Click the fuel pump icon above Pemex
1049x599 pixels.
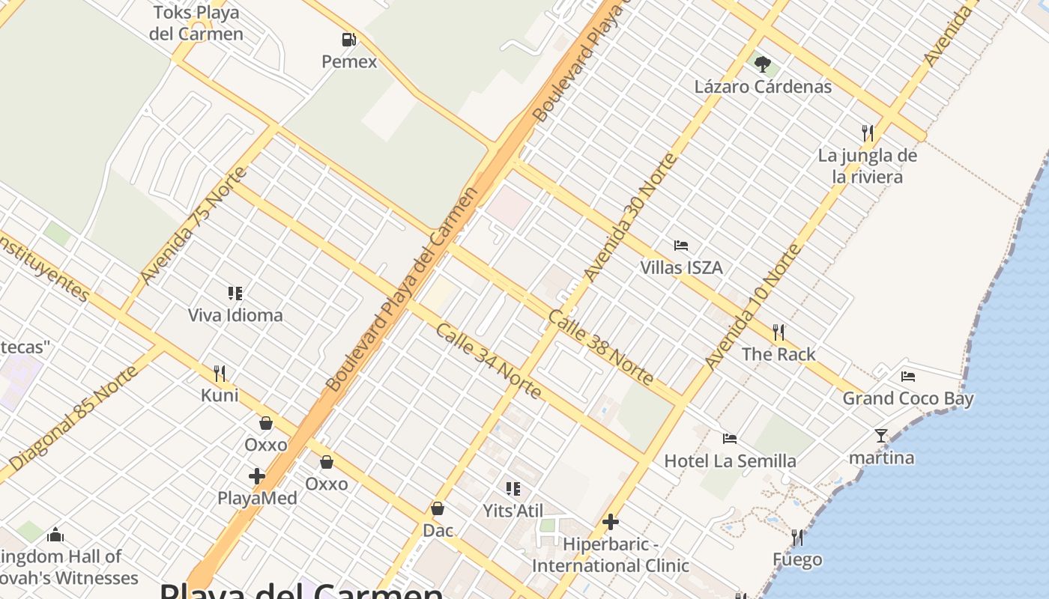[348, 40]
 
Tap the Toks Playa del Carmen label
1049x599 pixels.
[196, 23]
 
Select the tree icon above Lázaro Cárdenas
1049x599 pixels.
[763, 64]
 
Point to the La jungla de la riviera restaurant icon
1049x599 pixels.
[868, 133]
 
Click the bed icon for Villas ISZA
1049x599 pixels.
[681, 246]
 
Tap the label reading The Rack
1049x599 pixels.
[779, 354]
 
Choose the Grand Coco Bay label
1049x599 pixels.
[908, 398]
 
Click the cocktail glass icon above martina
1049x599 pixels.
[881, 436]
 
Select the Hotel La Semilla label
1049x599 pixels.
[730, 460]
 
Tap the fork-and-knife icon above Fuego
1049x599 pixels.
[797, 538]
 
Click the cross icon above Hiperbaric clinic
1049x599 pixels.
[611, 521]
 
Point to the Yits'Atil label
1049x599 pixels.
[513, 511]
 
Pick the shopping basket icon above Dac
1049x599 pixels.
[438, 509]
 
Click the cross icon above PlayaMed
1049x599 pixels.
[257, 475]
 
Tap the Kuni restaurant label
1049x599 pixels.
[220, 395]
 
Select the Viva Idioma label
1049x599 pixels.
[235, 315]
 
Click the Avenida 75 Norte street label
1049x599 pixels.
[193, 226]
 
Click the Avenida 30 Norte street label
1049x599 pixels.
[630, 217]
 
